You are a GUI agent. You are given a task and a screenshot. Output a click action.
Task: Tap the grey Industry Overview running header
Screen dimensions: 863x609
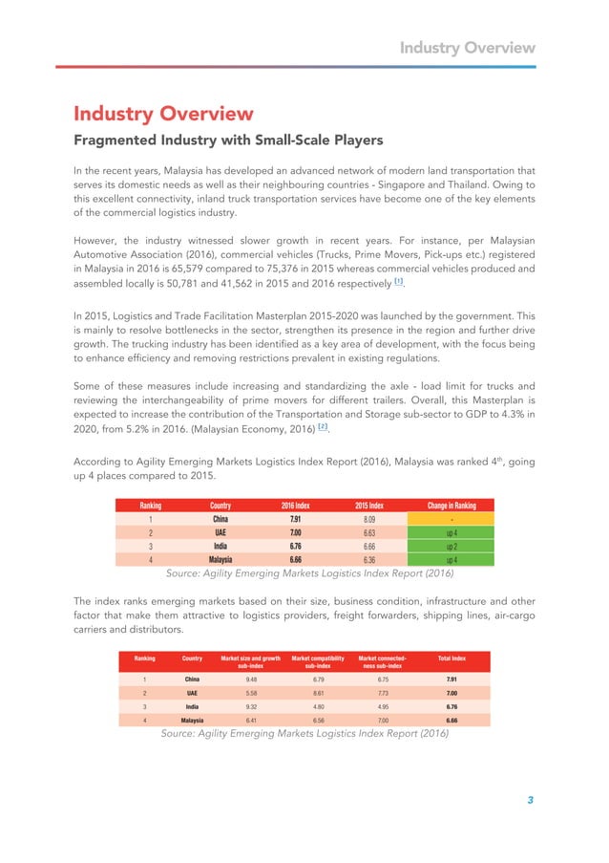click(466, 47)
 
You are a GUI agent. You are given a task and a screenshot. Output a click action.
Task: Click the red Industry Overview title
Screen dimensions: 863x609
click(163, 115)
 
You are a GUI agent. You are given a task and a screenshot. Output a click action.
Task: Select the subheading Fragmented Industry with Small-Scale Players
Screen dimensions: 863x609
click(228, 140)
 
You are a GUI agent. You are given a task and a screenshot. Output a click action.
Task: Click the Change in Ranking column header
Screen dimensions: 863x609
click(445, 506)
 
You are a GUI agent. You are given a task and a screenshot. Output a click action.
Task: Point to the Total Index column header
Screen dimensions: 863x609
click(451, 658)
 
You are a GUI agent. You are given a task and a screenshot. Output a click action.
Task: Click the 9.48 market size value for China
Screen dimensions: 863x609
click(251, 679)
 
